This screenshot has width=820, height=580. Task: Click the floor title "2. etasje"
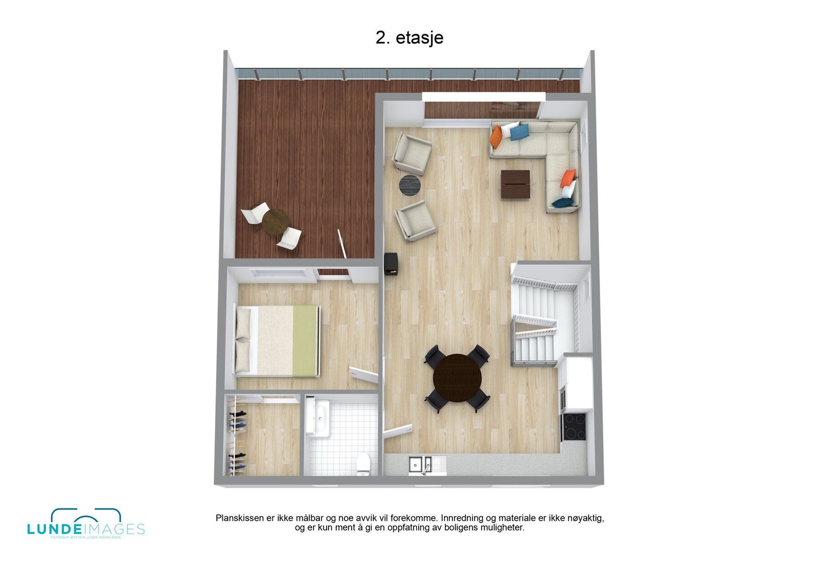(x=409, y=37)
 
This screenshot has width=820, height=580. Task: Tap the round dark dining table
(x=457, y=379)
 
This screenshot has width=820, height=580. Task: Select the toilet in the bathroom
(x=363, y=464)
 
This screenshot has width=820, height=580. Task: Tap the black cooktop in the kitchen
(x=574, y=427)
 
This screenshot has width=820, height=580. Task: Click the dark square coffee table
(x=515, y=184)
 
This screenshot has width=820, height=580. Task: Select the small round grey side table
(x=409, y=185)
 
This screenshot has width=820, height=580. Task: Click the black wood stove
(x=392, y=264)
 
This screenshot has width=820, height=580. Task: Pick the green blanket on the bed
(x=305, y=340)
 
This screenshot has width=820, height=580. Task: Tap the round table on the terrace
(x=275, y=222)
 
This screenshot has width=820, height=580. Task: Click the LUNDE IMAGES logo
(x=86, y=524)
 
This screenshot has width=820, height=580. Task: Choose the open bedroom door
(x=364, y=375)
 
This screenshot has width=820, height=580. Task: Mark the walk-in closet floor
(x=272, y=441)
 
